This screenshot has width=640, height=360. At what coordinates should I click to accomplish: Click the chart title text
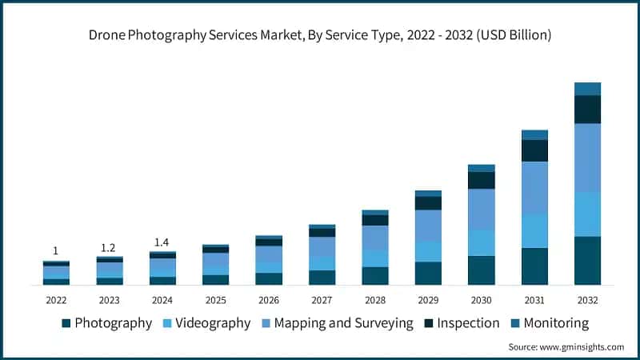click(x=320, y=35)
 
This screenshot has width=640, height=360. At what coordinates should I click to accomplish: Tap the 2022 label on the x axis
click(x=55, y=300)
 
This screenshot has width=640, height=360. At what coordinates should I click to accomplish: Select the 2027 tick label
click(x=322, y=300)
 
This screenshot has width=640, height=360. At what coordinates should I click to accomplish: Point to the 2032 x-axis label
click(x=587, y=300)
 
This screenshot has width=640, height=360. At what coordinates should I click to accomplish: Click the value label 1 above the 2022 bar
click(x=55, y=250)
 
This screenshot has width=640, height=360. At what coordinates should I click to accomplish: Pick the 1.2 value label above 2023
click(x=109, y=247)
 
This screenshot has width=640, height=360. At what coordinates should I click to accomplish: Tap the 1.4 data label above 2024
click(x=162, y=242)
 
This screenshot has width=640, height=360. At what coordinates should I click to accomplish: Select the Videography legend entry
click(x=210, y=323)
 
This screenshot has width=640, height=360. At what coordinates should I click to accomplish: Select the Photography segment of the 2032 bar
click(x=587, y=260)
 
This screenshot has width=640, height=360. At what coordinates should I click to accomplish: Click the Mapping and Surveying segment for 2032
click(x=587, y=157)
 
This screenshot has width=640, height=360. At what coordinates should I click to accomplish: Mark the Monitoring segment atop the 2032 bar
click(x=587, y=89)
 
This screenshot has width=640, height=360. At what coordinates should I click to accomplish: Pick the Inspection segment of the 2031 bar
click(x=534, y=150)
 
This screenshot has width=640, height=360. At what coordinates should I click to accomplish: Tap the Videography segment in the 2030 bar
click(x=481, y=242)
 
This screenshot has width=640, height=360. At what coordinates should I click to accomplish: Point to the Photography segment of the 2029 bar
click(x=428, y=273)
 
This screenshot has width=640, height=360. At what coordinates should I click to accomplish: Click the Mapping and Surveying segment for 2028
click(x=374, y=238)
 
